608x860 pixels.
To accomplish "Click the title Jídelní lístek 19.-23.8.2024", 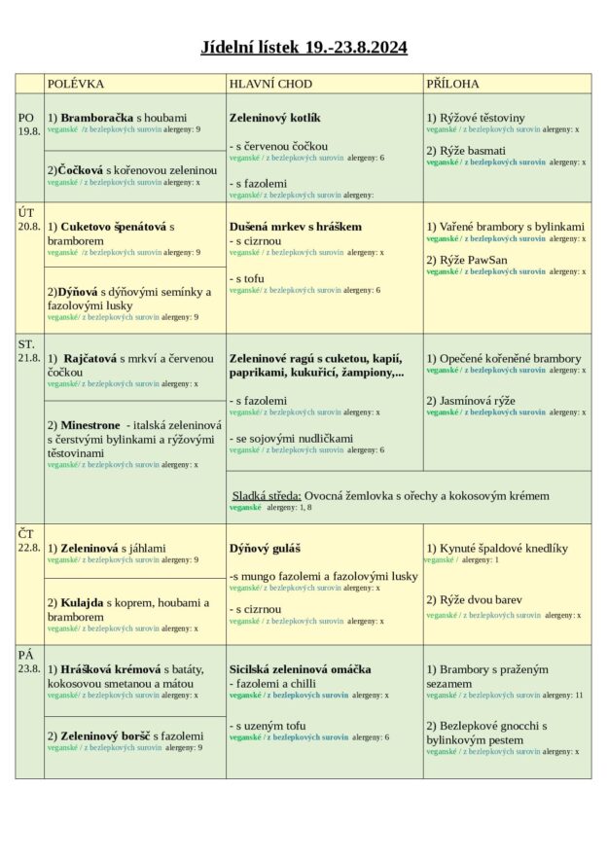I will tap(304, 47).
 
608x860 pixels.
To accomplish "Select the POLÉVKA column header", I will tap(76, 84).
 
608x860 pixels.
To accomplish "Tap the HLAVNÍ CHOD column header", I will tap(270, 84).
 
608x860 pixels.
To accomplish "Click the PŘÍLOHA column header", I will tap(452, 84).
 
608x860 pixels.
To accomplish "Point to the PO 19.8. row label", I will tap(29, 125).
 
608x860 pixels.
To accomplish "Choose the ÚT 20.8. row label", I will tap(29, 219).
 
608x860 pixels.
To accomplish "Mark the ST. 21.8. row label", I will tap(29, 351).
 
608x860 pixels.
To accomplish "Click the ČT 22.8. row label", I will tap(29, 540).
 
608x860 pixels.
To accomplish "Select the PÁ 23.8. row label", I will tap(29, 662).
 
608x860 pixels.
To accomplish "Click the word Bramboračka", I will tap(97, 118).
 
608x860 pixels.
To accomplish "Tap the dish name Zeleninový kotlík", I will tap(275, 118).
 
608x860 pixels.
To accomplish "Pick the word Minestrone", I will tap(90, 426).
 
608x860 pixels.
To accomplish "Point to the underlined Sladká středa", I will tap(266, 495).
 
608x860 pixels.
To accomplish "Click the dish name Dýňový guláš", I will tap(265, 549).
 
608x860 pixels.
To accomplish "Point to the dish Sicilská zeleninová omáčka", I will tap(300, 669).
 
